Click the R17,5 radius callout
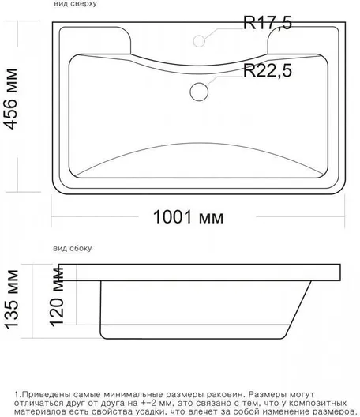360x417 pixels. click(268, 23)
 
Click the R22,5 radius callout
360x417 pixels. click(268, 70)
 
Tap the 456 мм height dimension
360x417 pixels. click(11, 100)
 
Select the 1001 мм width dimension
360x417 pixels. click(188, 217)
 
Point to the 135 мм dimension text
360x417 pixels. click(12, 300)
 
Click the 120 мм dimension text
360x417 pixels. click(57, 297)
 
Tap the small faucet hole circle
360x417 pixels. click(199, 41)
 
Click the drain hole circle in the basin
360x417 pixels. click(199, 92)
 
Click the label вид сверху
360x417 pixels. click(75, 4)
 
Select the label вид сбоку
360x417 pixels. click(73, 249)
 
